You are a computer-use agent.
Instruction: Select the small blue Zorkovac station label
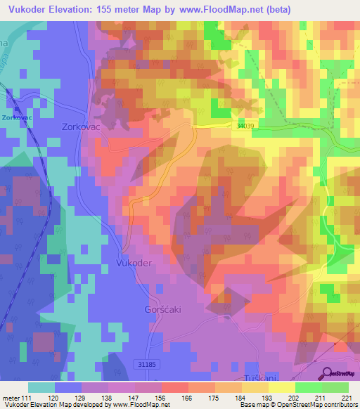[x=16, y=117]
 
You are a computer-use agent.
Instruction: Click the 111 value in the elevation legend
[x=27, y=397]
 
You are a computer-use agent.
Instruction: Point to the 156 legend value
[x=161, y=397]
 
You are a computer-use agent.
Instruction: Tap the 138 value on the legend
[x=108, y=397]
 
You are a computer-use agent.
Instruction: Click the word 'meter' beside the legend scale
[x=11, y=397]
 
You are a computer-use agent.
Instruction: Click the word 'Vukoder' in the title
[x=29, y=9]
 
